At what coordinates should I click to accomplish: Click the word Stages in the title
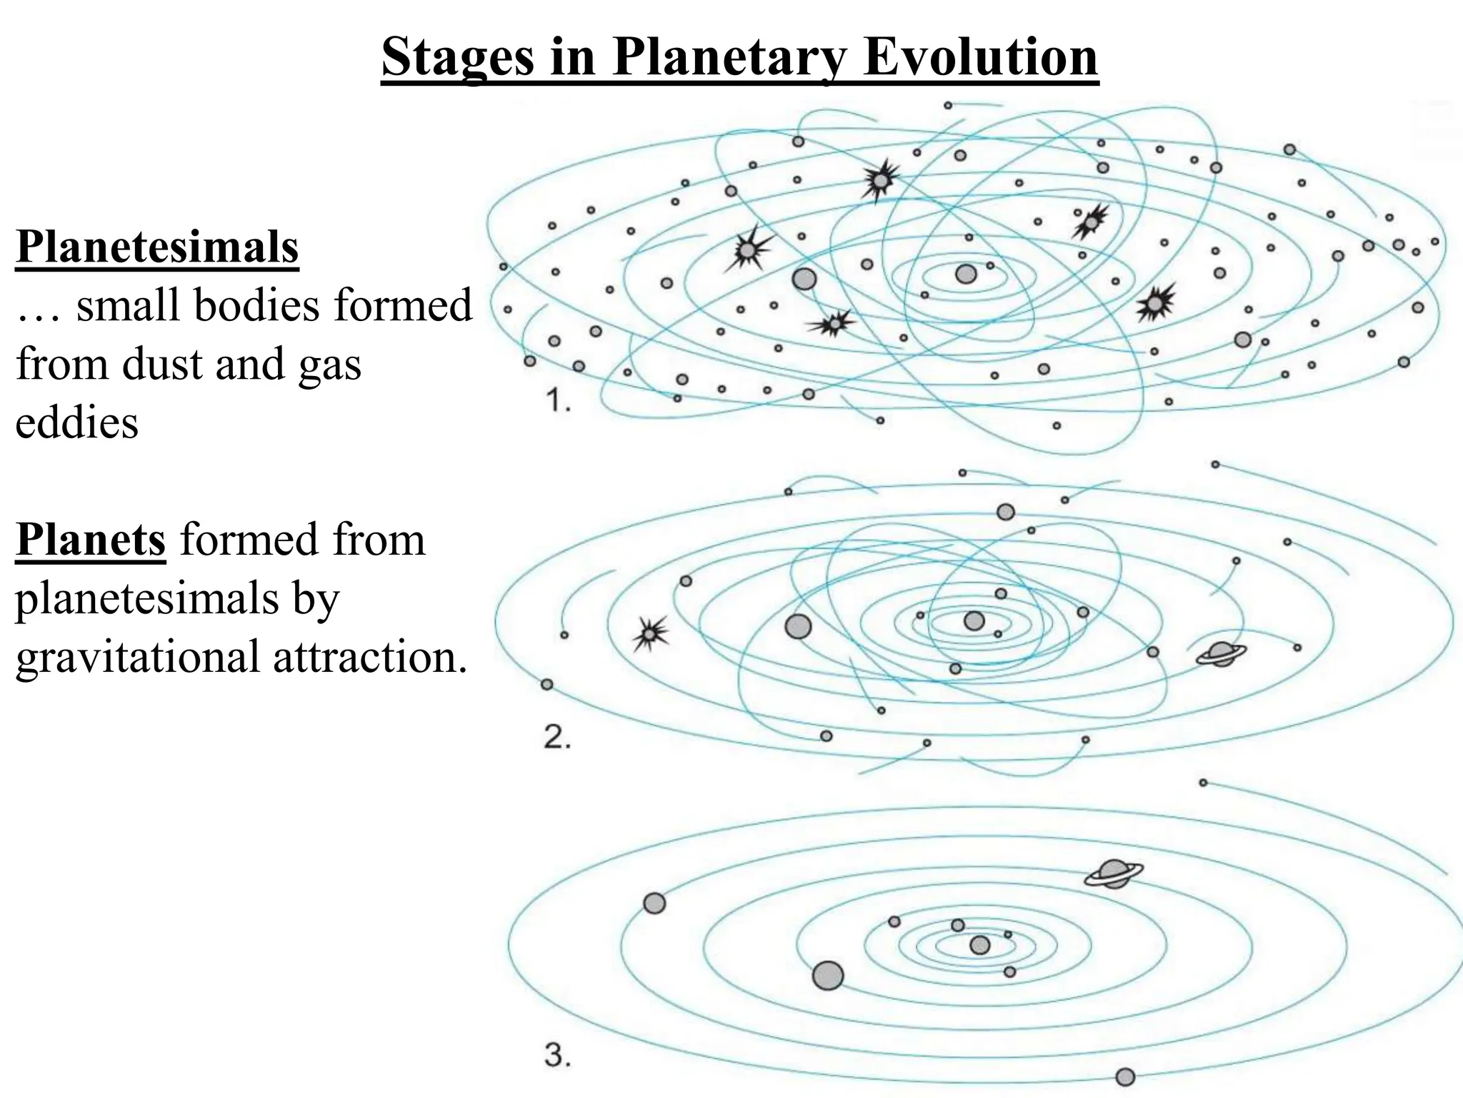coord(457,57)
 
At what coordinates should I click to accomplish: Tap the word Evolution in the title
coord(980,57)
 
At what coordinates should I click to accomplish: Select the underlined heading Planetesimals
coord(157,247)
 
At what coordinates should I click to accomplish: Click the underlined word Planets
coord(91,540)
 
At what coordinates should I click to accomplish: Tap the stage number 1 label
coord(558,402)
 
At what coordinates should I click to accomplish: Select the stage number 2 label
coord(557,737)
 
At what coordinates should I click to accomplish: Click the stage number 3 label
coord(557,1055)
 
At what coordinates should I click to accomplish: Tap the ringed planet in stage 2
coord(1221,653)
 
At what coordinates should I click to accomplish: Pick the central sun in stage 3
coord(980,945)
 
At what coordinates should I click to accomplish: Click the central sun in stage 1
coord(966,274)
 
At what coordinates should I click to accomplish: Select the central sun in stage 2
coord(974,620)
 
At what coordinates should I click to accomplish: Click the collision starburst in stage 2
coord(649,633)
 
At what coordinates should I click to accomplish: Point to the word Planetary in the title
coord(729,57)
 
